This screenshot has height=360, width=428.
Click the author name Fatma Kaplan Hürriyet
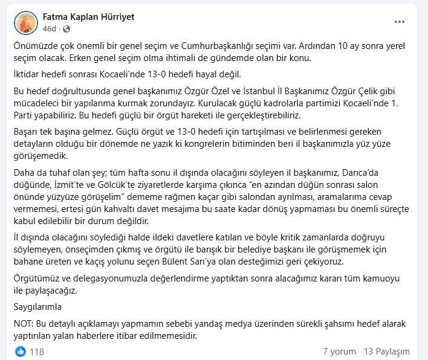pos(89,17)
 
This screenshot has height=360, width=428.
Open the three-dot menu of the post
pos(400,22)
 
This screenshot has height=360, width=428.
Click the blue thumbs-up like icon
pos(21,351)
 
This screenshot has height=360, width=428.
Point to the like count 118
pos(37,351)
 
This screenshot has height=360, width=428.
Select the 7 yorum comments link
pos(339,351)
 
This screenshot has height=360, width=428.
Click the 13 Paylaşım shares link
pos(387,351)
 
